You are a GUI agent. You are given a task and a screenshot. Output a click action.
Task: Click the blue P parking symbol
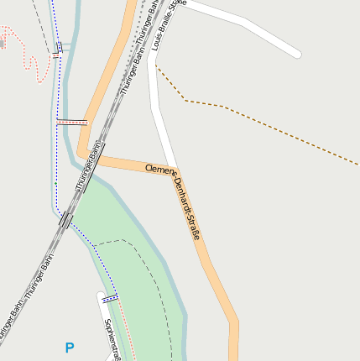[70, 347]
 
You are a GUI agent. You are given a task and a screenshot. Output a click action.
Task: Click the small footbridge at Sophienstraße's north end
[110, 298]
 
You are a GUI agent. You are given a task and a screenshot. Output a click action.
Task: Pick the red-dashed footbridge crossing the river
[72, 122]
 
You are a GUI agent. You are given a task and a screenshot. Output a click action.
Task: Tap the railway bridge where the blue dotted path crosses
[66, 221]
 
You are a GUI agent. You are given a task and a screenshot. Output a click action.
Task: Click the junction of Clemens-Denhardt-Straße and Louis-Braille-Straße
[172, 170]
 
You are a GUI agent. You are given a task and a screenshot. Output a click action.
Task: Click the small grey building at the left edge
[2, 41]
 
